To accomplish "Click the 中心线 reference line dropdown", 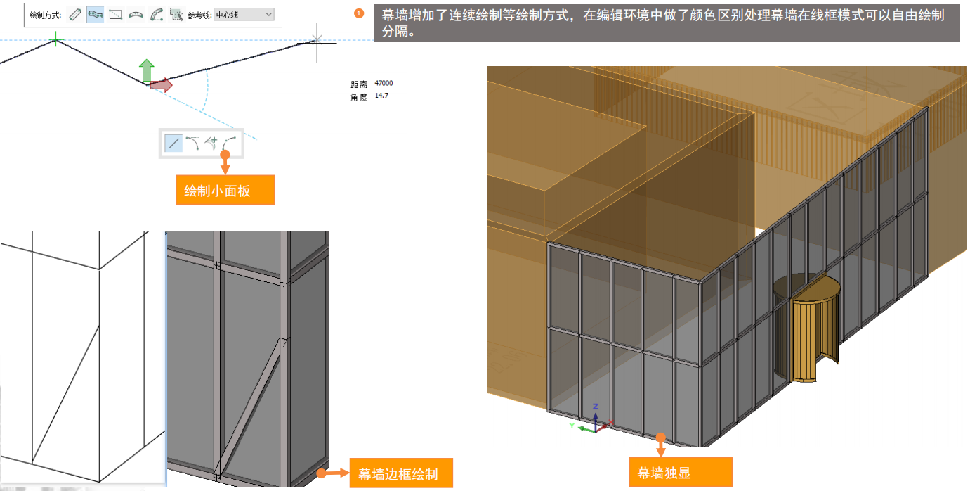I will [243, 14].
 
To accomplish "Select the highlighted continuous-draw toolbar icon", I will [96, 14].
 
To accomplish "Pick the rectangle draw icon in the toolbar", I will [116, 14].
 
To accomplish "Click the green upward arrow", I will [146, 71].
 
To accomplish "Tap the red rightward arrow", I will [161, 85].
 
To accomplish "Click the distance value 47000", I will [384, 84].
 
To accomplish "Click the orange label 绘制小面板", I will [225, 190].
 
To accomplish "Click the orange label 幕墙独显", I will [664, 473].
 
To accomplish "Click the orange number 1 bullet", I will [360, 13].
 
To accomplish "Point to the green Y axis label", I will [572, 425].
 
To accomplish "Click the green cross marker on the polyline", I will [55, 41].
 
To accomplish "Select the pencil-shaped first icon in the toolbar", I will [75, 14].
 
